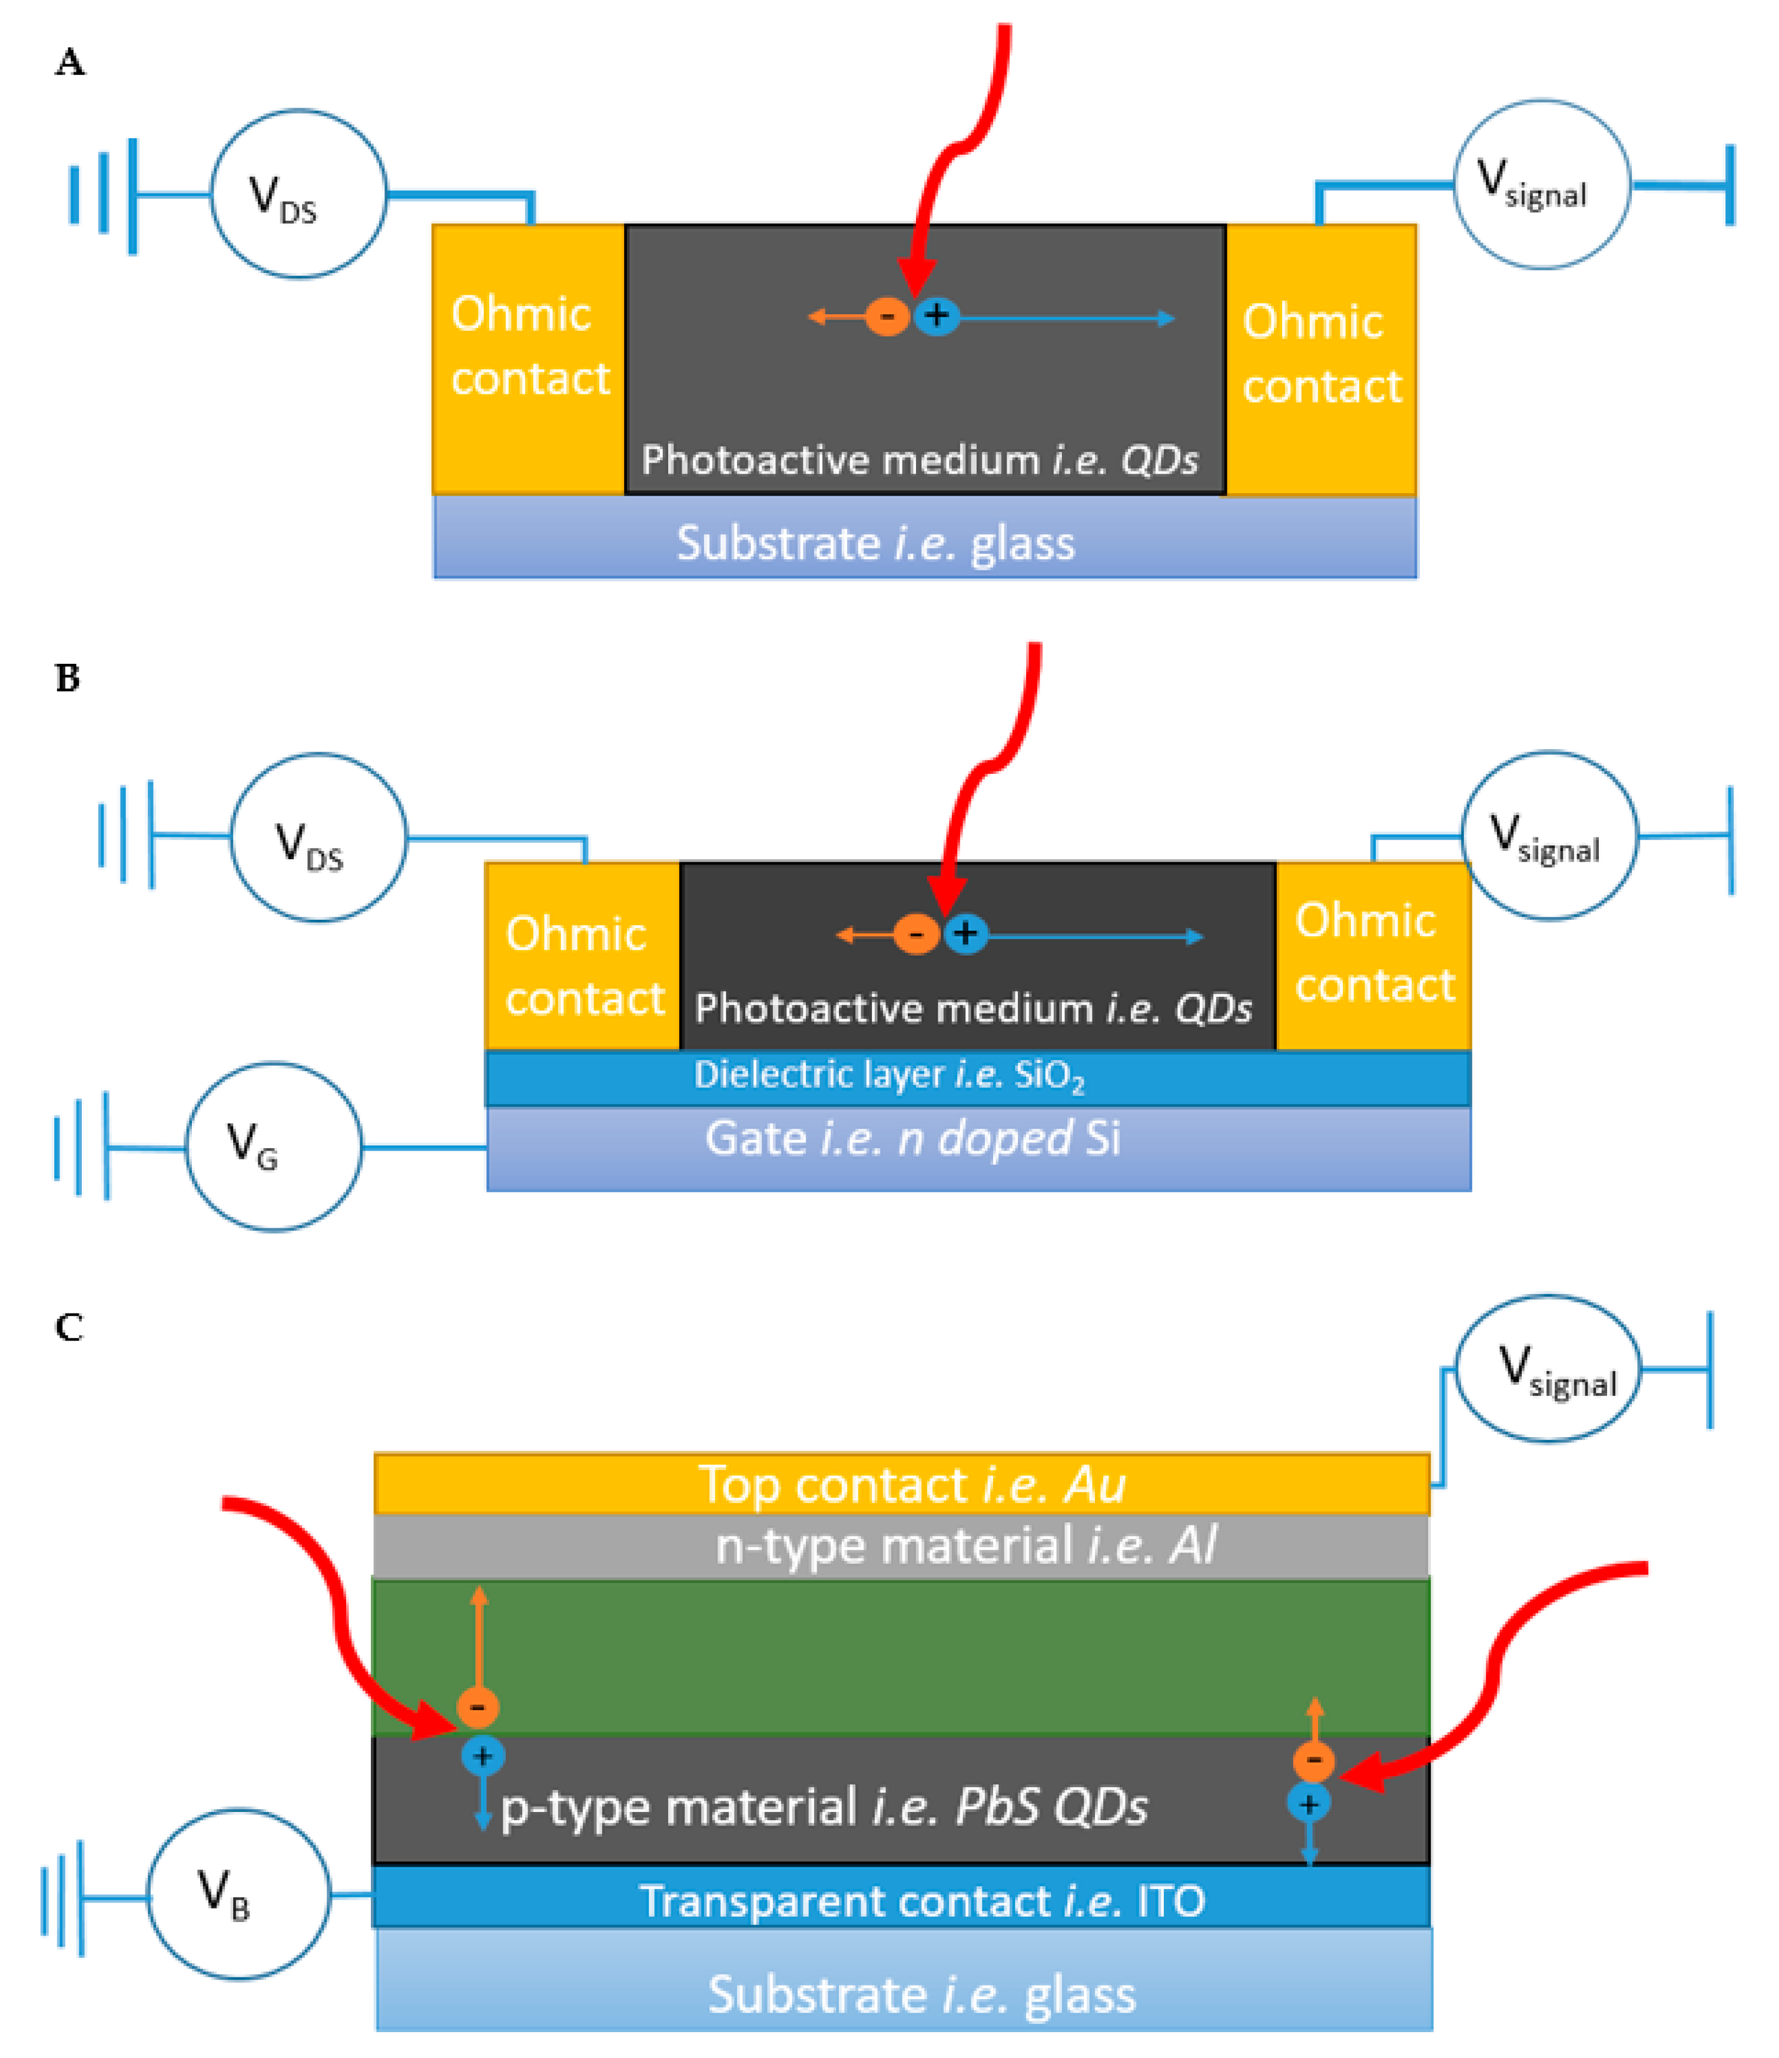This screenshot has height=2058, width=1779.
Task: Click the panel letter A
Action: coord(69,62)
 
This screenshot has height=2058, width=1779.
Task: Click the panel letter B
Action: coord(68,679)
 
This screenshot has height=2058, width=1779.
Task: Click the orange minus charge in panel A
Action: coord(887,317)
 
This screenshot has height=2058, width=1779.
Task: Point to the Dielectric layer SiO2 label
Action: coord(889,1076)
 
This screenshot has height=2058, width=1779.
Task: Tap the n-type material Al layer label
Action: coord(964,1545)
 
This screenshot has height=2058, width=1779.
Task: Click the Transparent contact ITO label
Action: coord(922,1901)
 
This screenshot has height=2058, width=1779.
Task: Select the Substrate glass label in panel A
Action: coord(875,543)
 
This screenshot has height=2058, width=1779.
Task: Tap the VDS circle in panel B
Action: coord(318,837)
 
